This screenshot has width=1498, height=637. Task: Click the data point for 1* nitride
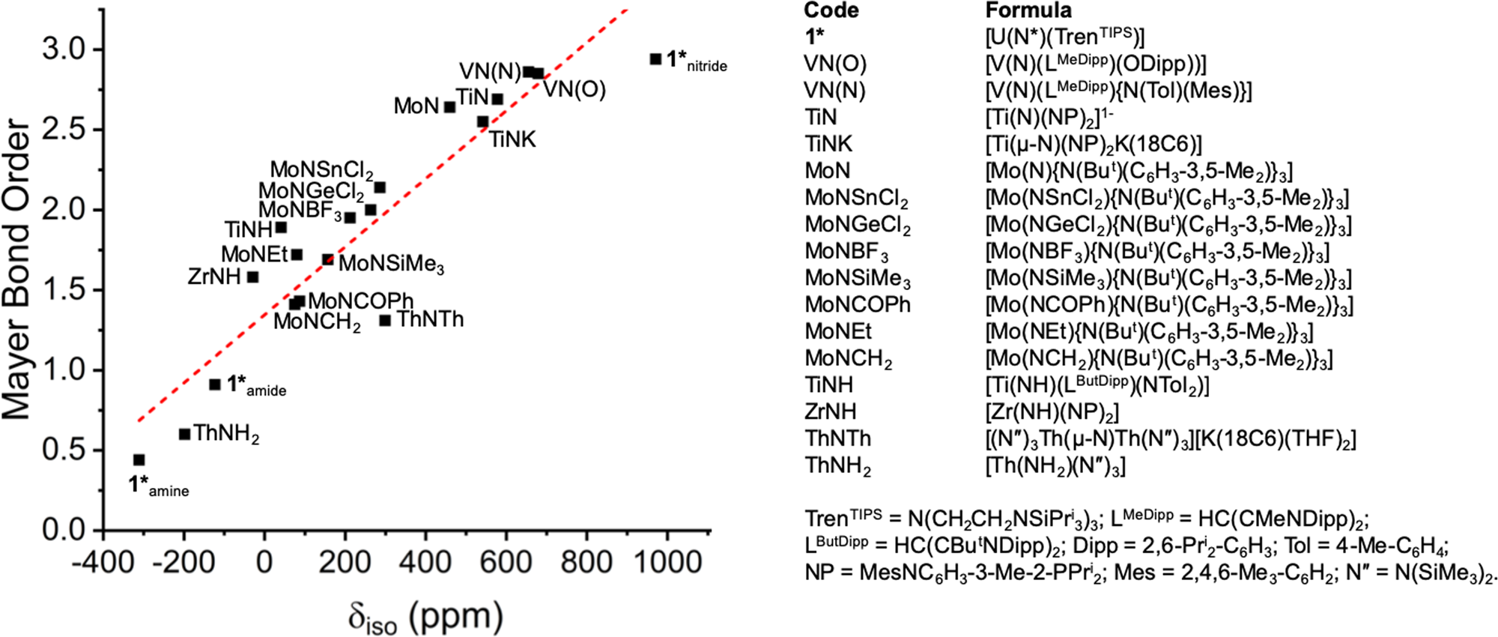pyautogui.click(x=655, y=58)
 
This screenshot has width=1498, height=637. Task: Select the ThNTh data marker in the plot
pyautogui.click(x=385, y=321)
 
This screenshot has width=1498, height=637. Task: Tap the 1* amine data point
pyautogui.click(x=139, y=459)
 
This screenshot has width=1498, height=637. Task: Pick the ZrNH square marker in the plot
pyautogui.click(x=253, y=277)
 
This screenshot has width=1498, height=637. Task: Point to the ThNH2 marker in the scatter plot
pyautogui.click(x=184, y=434)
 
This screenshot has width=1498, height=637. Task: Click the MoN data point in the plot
pyautogui.click(x=449, y=107)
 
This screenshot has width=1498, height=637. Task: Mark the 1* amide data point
pyautogui.click(x=215, y=384)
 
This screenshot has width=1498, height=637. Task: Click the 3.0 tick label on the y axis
pyautogui.click(x=64, y=49)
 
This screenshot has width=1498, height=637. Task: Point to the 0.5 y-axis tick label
pyautogui.click(x=64, y=450)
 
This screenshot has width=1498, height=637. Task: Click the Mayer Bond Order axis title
pyautogui.click(x=16, y=270)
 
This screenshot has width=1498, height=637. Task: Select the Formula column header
pyautogui.click(x=1028, y=10)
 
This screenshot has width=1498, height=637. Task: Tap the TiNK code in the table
pyautogui.click(x=828, y=144)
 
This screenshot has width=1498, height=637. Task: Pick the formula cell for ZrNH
pyautogui.click(x=1052, y=411)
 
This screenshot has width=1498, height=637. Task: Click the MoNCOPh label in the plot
pyautogui.click(x=360, y=301)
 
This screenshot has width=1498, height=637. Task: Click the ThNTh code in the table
pyautogui.click(x=837, y=438)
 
